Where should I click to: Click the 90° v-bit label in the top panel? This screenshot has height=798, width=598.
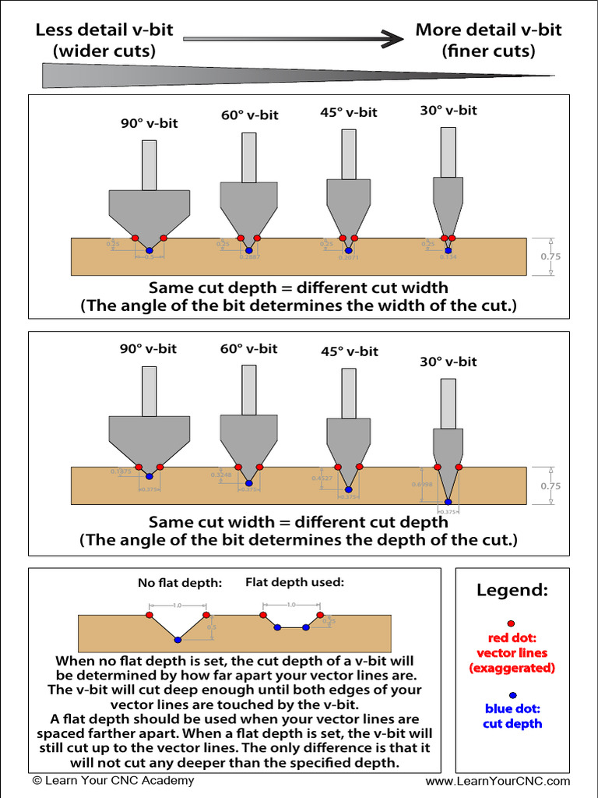tap(149, 123)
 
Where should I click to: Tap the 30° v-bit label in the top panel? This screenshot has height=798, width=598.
tap(448, 110)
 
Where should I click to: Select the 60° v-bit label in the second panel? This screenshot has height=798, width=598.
tap(248, 348)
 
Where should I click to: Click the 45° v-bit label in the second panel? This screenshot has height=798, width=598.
tap(350, 351)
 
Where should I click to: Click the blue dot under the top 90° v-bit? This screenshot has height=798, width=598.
tap(149, 251)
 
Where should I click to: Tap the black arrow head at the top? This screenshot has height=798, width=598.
tap(393, 37)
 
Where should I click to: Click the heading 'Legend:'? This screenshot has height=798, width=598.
tap(512, 590)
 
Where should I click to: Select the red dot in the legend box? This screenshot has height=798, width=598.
tap(511, 623)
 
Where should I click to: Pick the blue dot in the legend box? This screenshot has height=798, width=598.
tap(512, 696)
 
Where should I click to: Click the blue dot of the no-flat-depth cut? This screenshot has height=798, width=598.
tap(178, 639)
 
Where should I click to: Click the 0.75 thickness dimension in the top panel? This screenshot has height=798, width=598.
tap(551, 256)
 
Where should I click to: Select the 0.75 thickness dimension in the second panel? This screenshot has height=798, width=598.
tap(551, 486)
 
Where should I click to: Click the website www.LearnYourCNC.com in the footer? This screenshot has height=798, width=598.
tap(498, 781)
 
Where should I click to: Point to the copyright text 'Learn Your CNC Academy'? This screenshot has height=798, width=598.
tap(114, 781)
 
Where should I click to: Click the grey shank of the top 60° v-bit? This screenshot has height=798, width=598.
tap(248, 157)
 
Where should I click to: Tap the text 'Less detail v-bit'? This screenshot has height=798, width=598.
tap(104, 31)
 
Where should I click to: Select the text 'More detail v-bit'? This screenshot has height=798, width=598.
tap(488, 30)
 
